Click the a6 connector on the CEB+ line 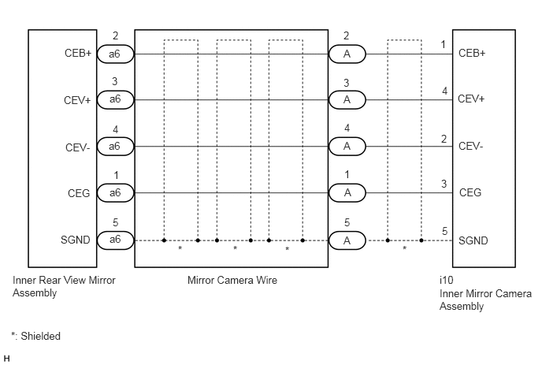click(x=115, y=54)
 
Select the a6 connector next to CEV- click(x=115, y=147)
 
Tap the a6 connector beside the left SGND click(x=115, y=240)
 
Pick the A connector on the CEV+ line click(x=347, y=100)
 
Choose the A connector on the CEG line click(x=347, y=192)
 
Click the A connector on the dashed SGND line click(x=347, y=240)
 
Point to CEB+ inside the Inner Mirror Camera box click(x=472, y=54)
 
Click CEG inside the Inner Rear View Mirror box click(x=79, y=193)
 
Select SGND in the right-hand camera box click(x=473, y=240)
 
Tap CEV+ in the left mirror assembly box click(x=77, y=100)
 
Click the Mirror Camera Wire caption click(x=232, y=280)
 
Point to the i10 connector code click(x=446, y=280)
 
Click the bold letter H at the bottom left click(x=6, y=359)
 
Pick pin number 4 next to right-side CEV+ click(x=444, y=91)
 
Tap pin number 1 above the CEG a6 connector click(x=116, y=176)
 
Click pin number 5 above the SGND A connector click(x=347, y=222)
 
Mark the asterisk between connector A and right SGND click(x=404, y=248)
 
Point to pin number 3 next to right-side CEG click(x=444, y=184)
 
